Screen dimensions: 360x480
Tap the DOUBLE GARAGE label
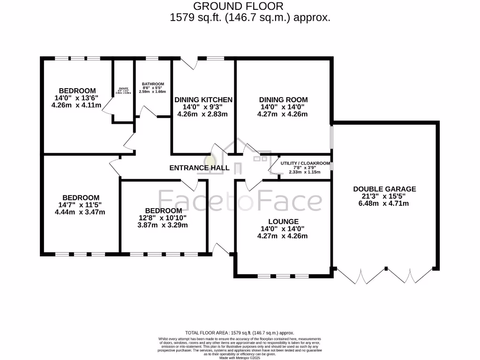coord(384,189)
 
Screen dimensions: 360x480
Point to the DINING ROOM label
coord(283,99)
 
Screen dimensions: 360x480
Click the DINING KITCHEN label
coord(203,100)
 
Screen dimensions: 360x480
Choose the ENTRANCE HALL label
coord(199,168)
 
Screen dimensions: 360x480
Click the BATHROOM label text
coord(153,84)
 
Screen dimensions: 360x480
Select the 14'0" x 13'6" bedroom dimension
coord(77,98)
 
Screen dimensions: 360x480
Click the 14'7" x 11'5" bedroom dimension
coord(80,205)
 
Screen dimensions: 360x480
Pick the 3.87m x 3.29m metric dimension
coord(163,225)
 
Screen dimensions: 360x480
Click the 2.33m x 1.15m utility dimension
coord(304,172)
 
